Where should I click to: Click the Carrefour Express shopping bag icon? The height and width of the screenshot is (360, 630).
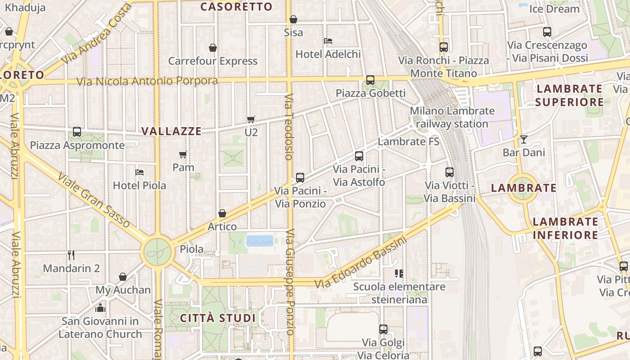tap(213, 48)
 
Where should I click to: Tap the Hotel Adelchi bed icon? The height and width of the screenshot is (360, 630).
tap(328, 41)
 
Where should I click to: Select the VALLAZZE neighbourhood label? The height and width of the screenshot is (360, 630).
tap(171, 131)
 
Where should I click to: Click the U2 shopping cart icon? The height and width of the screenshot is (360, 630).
tap(251, 119)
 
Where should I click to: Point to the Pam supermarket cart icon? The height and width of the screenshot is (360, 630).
tap(183, 154)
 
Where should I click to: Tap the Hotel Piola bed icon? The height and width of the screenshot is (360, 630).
tap(139, 172)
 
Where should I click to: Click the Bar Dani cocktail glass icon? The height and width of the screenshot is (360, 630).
tap(523, 139)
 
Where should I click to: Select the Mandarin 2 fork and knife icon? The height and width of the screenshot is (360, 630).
tap(71, 255)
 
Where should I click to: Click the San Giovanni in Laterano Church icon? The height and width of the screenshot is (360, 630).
tap(100, 308)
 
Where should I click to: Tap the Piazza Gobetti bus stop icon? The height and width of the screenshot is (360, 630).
tap(370, 80)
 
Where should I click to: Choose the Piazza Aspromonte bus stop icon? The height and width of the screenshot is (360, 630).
tap(77, 132)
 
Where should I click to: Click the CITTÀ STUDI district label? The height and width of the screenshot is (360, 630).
tap(218, 318)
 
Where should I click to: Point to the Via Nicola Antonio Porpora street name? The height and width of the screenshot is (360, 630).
tap(147, 81)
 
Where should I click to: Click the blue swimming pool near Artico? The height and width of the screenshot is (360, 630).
tap(260, 241)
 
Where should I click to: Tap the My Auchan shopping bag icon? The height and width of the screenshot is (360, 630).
tap(123, 277)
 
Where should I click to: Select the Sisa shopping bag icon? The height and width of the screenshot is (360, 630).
tap(293, 19)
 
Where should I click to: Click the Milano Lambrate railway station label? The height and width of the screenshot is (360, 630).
tap(452, 117)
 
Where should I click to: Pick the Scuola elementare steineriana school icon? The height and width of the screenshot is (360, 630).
tap(399, 273)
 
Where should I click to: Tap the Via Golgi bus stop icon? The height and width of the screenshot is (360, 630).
tap(383, 329)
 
